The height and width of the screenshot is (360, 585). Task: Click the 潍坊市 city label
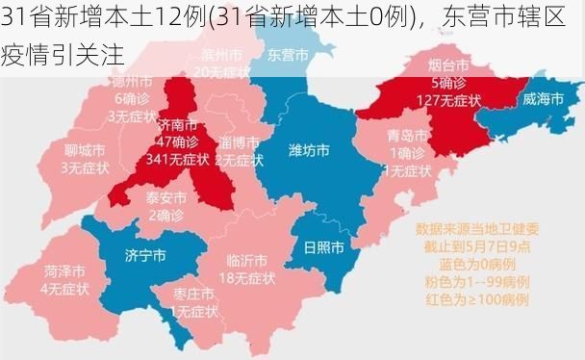pos(309,150)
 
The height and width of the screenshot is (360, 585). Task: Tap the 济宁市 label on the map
pos(145,255)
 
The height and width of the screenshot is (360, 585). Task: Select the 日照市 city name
pos(323,246)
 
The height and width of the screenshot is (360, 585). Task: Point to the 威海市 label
pos(544,98)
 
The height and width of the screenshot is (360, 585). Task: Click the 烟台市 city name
pos(447,66)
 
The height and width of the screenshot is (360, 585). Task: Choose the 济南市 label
pos(177,125)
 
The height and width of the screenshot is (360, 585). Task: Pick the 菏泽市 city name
pos(64,270)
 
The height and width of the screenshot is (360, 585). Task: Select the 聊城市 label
pos(84,150)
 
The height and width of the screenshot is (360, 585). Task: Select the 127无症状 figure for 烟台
pos(447,99)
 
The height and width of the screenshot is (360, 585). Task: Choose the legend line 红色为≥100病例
pos(477,299)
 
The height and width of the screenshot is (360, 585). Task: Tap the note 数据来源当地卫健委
pos(477,230)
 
